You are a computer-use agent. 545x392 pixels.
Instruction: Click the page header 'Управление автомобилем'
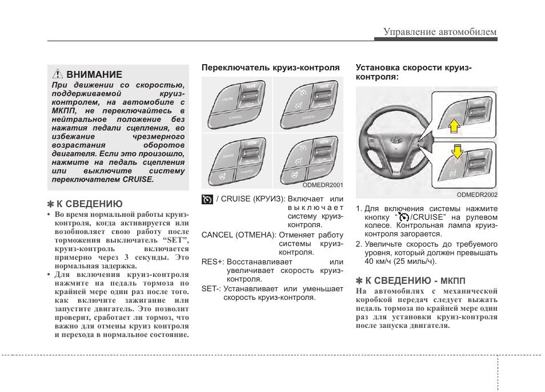tap(439, 31)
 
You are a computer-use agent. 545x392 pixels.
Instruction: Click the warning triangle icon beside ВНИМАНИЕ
tap(57, 74)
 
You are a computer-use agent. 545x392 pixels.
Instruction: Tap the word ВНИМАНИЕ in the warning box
tap(94, 74)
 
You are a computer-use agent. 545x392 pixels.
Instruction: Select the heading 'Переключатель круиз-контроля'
tap(270, 67)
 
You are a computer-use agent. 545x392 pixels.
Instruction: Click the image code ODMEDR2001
tap(322, 185)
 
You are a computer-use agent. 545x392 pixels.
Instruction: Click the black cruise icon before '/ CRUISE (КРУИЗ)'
tap(207, 199)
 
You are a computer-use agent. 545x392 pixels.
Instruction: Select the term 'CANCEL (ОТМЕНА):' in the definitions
tap(239, 235)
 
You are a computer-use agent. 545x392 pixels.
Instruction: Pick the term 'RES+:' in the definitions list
tap(213, 262)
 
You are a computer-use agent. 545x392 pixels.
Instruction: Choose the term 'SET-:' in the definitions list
tap(211, 288)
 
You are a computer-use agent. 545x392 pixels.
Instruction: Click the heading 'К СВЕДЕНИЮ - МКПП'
tap(411, 280)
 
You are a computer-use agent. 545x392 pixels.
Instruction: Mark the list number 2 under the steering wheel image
tap(359, 244)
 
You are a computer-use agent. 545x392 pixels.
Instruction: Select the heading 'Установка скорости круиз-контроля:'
tap(414, 72)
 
